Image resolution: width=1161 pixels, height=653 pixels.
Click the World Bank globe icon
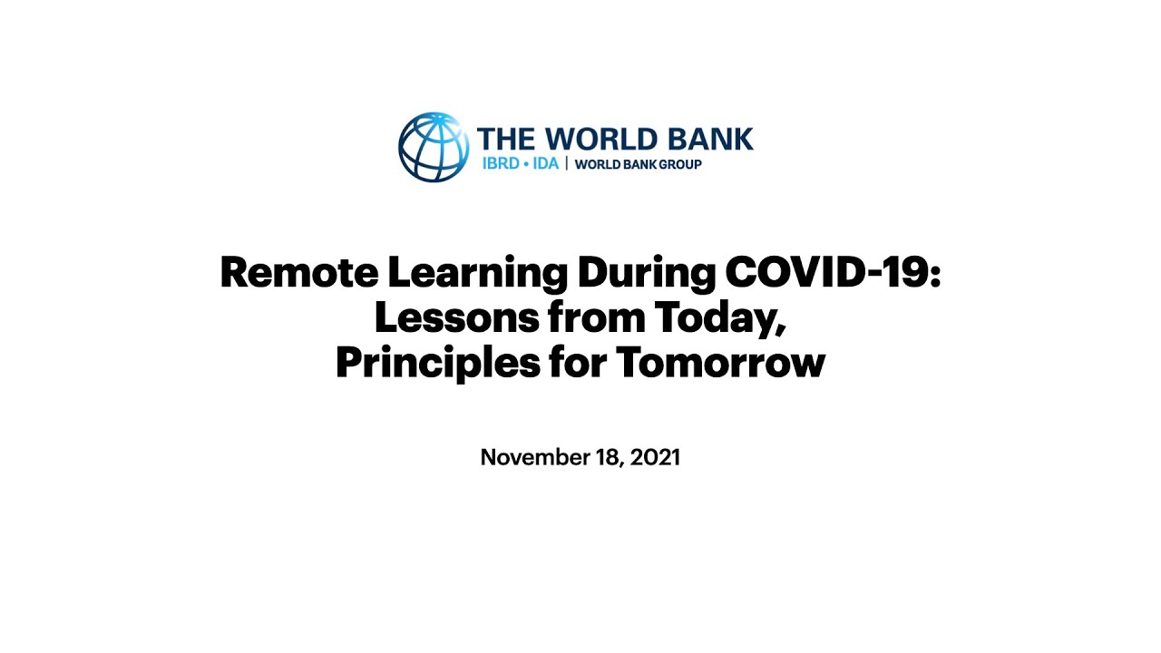(x=434, y=147)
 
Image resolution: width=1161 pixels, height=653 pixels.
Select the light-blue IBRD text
(x=501, y=164)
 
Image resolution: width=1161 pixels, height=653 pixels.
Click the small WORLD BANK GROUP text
(x=639, y=164)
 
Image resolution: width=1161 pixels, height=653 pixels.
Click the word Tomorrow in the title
(x=720, y=363)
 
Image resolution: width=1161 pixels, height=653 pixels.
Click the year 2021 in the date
(x=656, y=457)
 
